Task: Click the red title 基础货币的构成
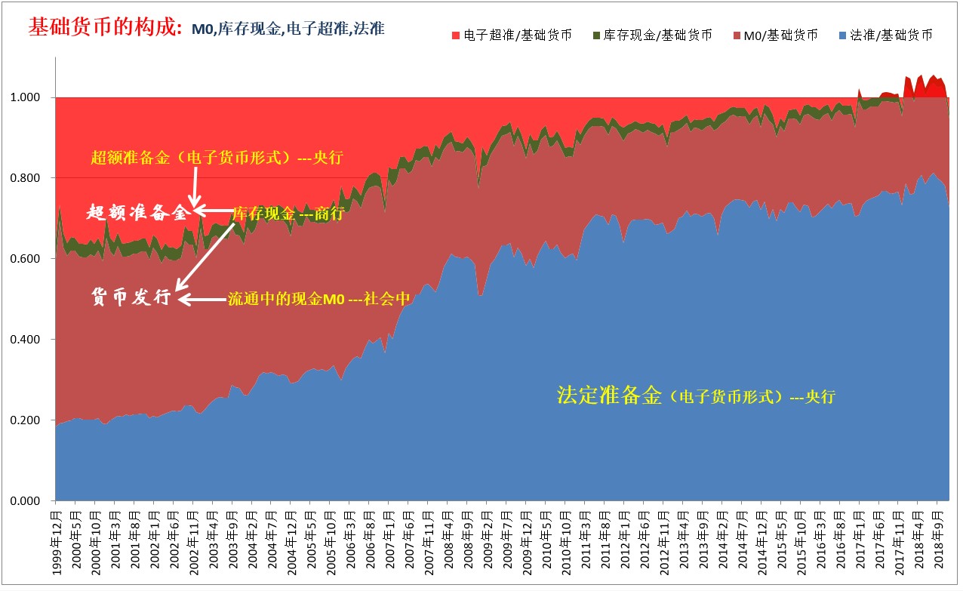(105, 28)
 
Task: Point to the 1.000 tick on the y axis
(32, 97)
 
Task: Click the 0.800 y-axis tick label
(32, 178)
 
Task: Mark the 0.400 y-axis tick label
(32, 340)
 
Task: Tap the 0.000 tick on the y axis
(32, 501)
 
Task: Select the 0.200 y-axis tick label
(32, 420)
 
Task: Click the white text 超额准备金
(137, 213)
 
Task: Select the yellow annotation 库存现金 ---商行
(288, 214)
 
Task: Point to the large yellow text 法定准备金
(609, 395)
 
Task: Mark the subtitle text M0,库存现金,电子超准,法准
(288, 29)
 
